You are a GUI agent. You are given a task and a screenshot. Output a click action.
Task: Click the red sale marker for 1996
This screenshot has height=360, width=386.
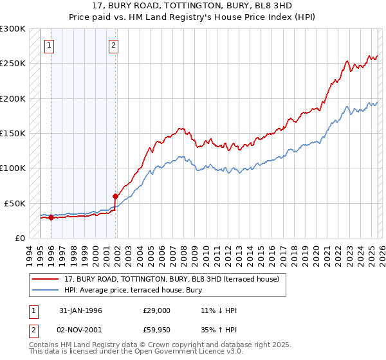point(51,217)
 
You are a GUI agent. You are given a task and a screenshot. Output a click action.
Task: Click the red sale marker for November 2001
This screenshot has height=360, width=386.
point(116,196)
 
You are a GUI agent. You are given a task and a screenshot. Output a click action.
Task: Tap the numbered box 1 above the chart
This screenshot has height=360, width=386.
point(50,45)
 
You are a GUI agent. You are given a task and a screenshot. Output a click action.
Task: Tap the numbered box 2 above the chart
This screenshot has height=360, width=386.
point(113,45)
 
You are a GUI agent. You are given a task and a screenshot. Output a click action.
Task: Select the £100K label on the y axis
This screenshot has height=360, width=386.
point(13,168)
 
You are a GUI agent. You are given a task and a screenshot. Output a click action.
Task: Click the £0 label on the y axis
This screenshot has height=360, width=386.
point(19,238)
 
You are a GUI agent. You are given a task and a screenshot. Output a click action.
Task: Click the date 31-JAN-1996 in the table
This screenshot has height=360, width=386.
point(80,310)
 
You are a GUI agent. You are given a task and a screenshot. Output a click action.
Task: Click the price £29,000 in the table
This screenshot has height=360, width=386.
point(157,310)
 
